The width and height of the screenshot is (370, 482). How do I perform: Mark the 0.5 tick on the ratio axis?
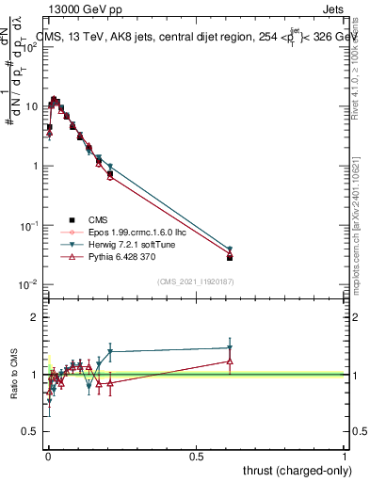37,432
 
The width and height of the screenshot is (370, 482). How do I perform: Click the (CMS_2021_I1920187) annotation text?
195,281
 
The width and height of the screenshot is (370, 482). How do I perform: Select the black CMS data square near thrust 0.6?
230,257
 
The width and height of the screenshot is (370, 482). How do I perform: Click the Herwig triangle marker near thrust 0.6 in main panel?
230,249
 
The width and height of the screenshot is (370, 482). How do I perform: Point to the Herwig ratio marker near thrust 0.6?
230,348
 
